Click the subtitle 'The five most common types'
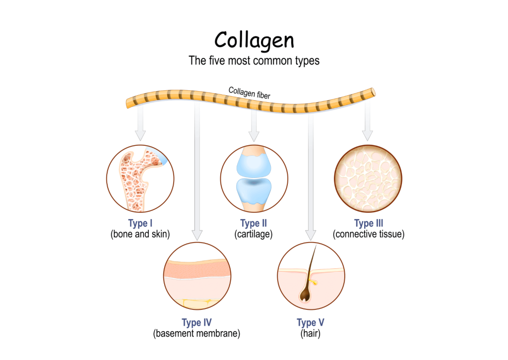(x=254, y=61)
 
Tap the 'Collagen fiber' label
(x=250, y=93)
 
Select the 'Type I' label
(x=140, y=223)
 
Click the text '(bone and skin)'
(x=140, y=234)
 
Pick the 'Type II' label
(x=254, y=223)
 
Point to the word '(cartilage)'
(x=254, y=234)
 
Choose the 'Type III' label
(x=368, y=223)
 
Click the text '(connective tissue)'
(x=368, y=234)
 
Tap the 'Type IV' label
(x=196, y=323)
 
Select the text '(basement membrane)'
(x=196, y=334)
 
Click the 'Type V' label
(x=311, y=323)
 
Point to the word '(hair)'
(x=311, y=334)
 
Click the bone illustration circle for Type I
(x=140, y=178)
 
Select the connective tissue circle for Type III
(x=368, y=178)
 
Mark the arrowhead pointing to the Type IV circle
(x=197, y=233)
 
